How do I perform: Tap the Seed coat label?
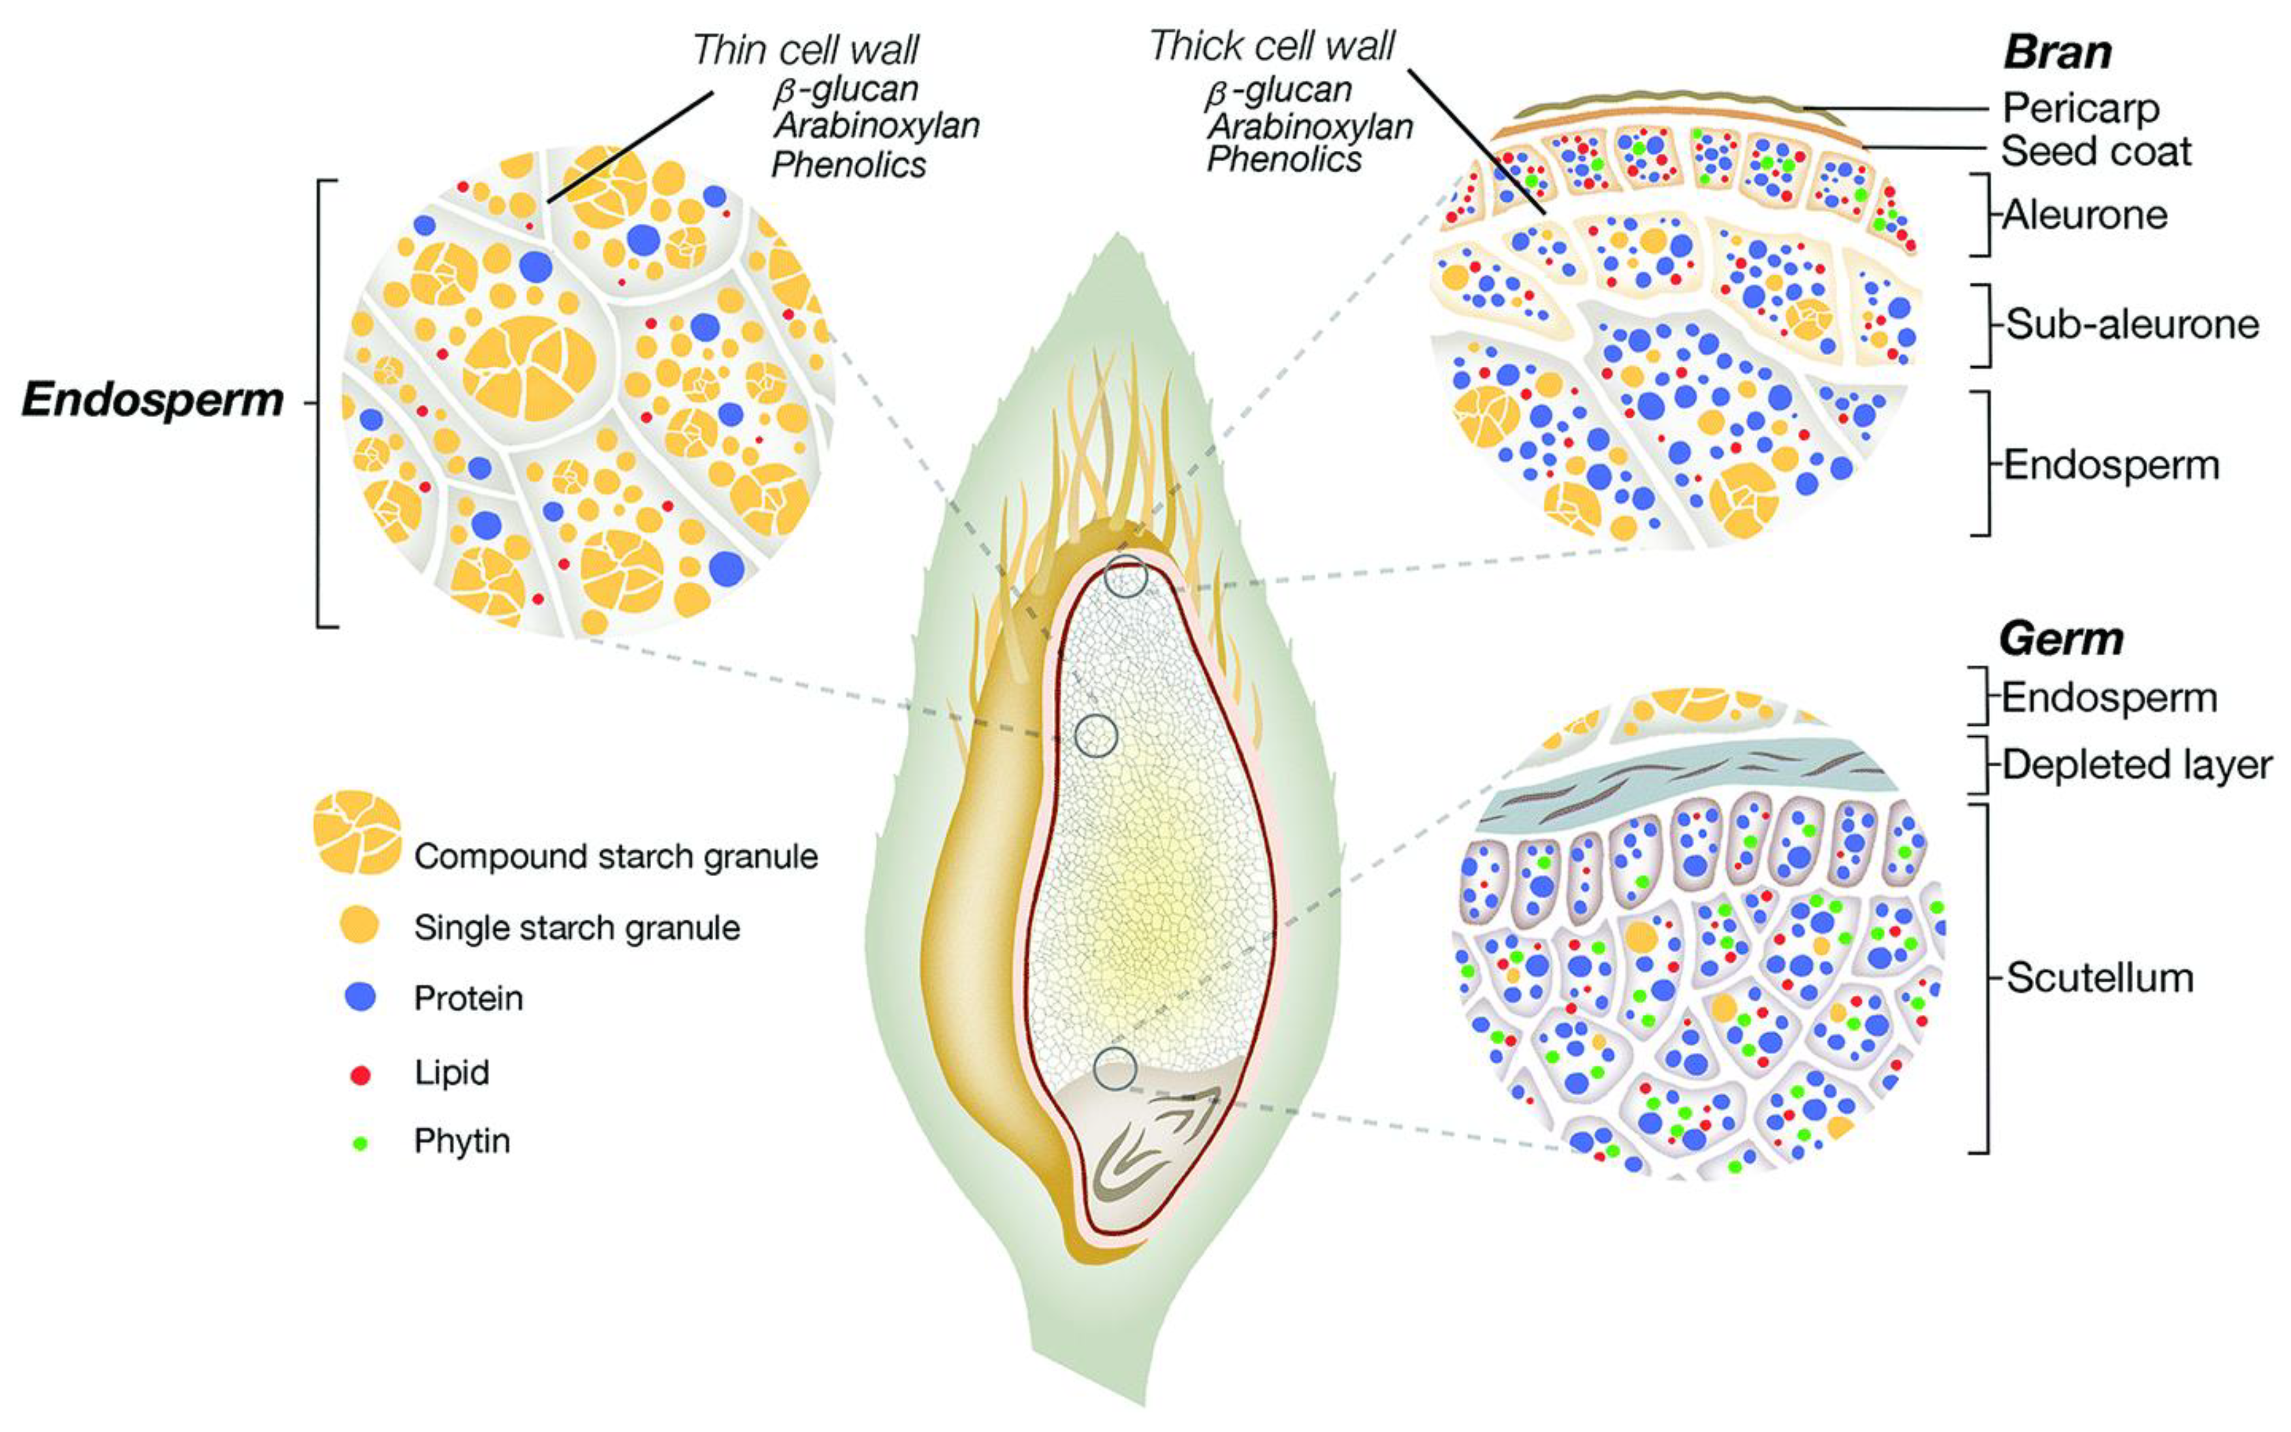(2096, 151)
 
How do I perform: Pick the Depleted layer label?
(2137, 764)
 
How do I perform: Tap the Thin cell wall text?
(805, 50)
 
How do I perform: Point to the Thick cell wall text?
(1272, 46)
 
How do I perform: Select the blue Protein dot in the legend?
(360, 997)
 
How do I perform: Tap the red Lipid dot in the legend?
(360, 1075)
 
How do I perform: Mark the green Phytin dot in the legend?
(360, 1143)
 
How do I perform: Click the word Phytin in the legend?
(462, 1142)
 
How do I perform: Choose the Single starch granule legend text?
(576, 927)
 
